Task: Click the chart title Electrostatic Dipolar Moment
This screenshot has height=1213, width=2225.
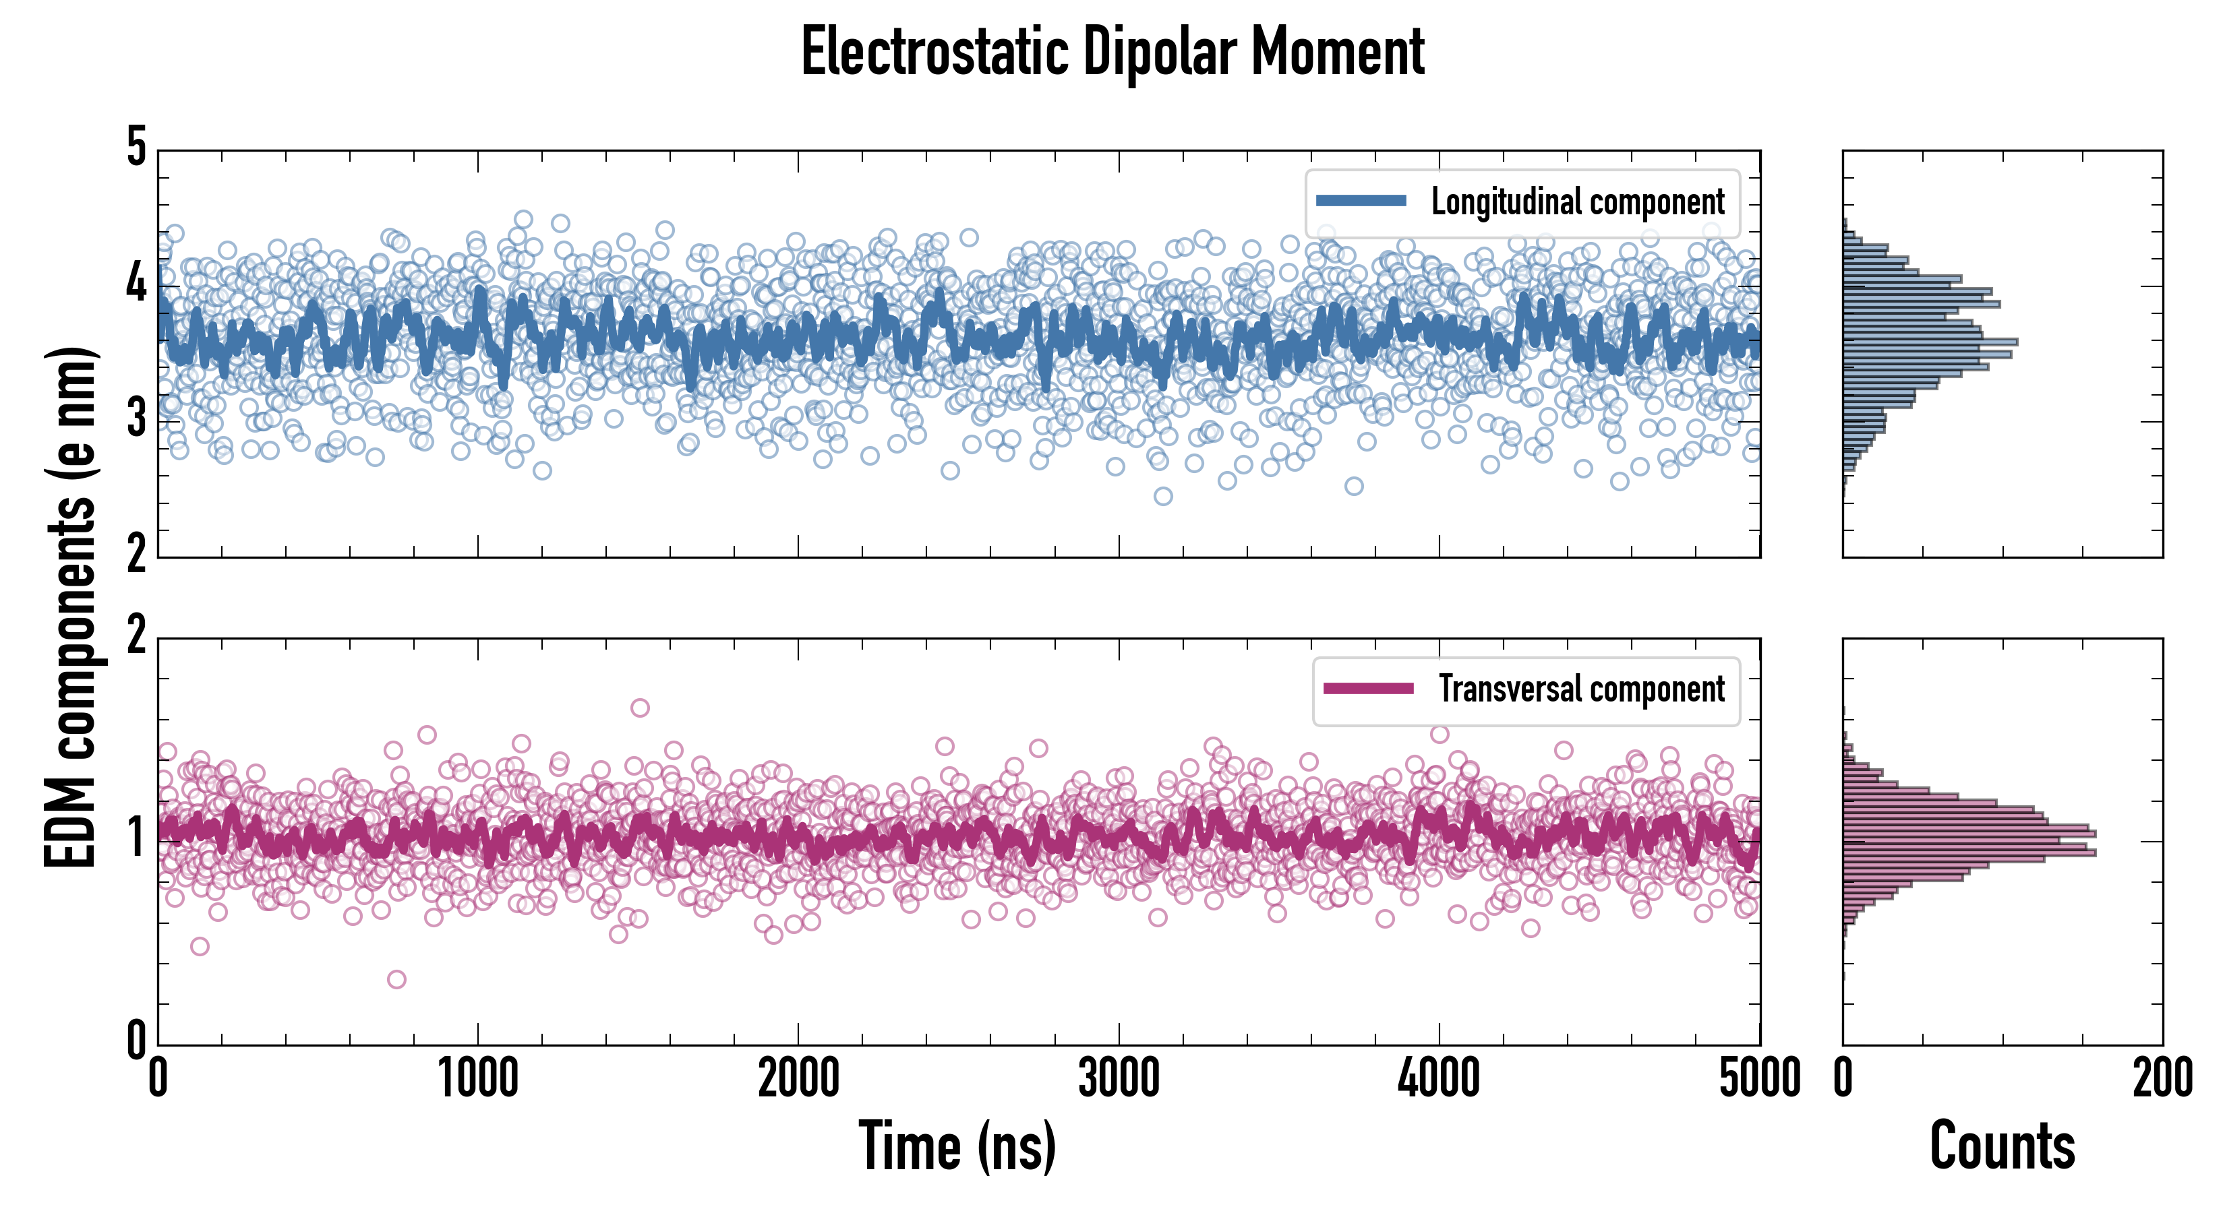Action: point(1112,52)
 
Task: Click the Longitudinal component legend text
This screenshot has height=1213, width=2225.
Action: point(1577,202)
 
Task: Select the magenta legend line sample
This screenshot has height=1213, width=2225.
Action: point(1368,689)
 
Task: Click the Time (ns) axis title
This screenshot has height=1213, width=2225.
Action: point(957,1146)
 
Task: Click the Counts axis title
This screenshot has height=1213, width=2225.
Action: point(2002,1146)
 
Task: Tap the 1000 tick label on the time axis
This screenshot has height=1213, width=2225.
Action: point(477,1079)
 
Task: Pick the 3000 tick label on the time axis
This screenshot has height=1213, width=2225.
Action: point(1119,1079)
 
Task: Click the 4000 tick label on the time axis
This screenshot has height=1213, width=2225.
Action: point(1439,1079)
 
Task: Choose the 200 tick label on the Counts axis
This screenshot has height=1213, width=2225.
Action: point(2162,1079)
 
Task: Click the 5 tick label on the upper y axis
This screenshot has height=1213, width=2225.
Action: point(136,148)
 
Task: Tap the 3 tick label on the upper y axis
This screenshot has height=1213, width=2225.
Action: point(136,421)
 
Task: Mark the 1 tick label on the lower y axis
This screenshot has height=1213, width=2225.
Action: point(136,838)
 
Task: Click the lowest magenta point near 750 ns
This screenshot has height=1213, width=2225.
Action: point(396,979)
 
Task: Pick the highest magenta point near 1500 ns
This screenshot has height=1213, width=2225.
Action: point(640,708)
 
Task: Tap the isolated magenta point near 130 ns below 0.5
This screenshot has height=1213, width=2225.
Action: point(200,946)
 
